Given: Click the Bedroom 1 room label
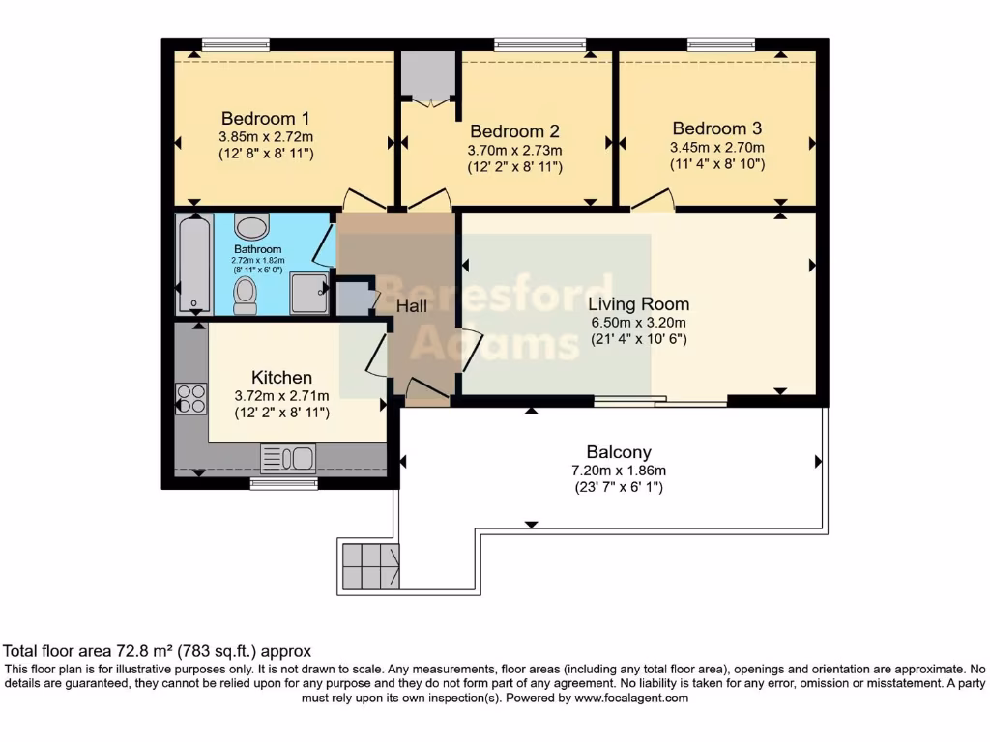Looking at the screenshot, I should (258, 119).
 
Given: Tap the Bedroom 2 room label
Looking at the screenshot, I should (514, 131).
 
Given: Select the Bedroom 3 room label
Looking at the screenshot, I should (716, 128).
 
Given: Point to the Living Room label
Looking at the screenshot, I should (638, 303).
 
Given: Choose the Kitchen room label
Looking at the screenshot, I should (281, 377).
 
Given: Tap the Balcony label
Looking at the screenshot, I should (619, 451).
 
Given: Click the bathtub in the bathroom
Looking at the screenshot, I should (194, 264).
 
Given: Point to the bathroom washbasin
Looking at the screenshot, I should (252, 229).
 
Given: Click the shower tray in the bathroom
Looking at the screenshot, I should (308, 293).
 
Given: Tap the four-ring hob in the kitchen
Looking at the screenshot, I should (190, 399).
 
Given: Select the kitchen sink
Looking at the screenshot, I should (288, 458).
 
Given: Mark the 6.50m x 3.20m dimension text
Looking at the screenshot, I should (638, 322).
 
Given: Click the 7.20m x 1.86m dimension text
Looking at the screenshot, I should (619, 470).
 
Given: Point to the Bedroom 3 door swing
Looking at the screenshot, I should (654, 200).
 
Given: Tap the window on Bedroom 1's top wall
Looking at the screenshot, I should (236, 43).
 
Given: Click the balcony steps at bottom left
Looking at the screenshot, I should (368, 566).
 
